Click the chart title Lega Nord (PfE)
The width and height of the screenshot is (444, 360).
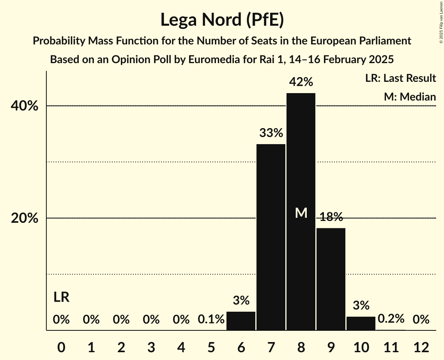[x=222, y=19]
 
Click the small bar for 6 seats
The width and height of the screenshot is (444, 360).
[x=241, y=321]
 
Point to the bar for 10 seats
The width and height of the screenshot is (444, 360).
[x=361, y=323]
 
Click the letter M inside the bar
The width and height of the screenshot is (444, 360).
[x=301, y=213]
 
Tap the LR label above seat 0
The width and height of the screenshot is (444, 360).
[x=61, y=298]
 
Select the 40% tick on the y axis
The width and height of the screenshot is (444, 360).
[x=25, y=106]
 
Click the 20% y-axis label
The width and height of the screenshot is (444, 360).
[x=25, y=219]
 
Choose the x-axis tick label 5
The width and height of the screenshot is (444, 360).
[x=211, y=347]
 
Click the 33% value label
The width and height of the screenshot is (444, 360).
[x=271, y=133]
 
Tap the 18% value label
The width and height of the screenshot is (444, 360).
[x=331, y=217]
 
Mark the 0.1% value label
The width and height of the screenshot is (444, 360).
[x=211, y=320]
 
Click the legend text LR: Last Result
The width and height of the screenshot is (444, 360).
[x=400, y=78]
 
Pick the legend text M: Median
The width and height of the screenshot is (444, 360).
[x=409, y=97]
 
